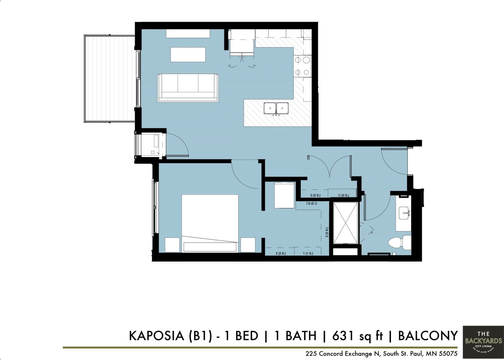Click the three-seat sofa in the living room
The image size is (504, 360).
[188, 87]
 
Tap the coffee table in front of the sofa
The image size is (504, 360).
[188, 54]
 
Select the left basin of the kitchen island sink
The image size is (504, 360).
[270, 108]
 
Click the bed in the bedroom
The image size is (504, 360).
[210, 223]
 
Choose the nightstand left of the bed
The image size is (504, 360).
[172, 245]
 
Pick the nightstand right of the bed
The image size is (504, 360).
[248, 245]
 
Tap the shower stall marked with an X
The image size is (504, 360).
[346, 223]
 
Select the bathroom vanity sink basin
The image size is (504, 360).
[404, 213]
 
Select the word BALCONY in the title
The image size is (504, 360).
[428, 336]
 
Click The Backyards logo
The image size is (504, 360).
[483, 340]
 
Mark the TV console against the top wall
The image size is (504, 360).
[188, 33]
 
